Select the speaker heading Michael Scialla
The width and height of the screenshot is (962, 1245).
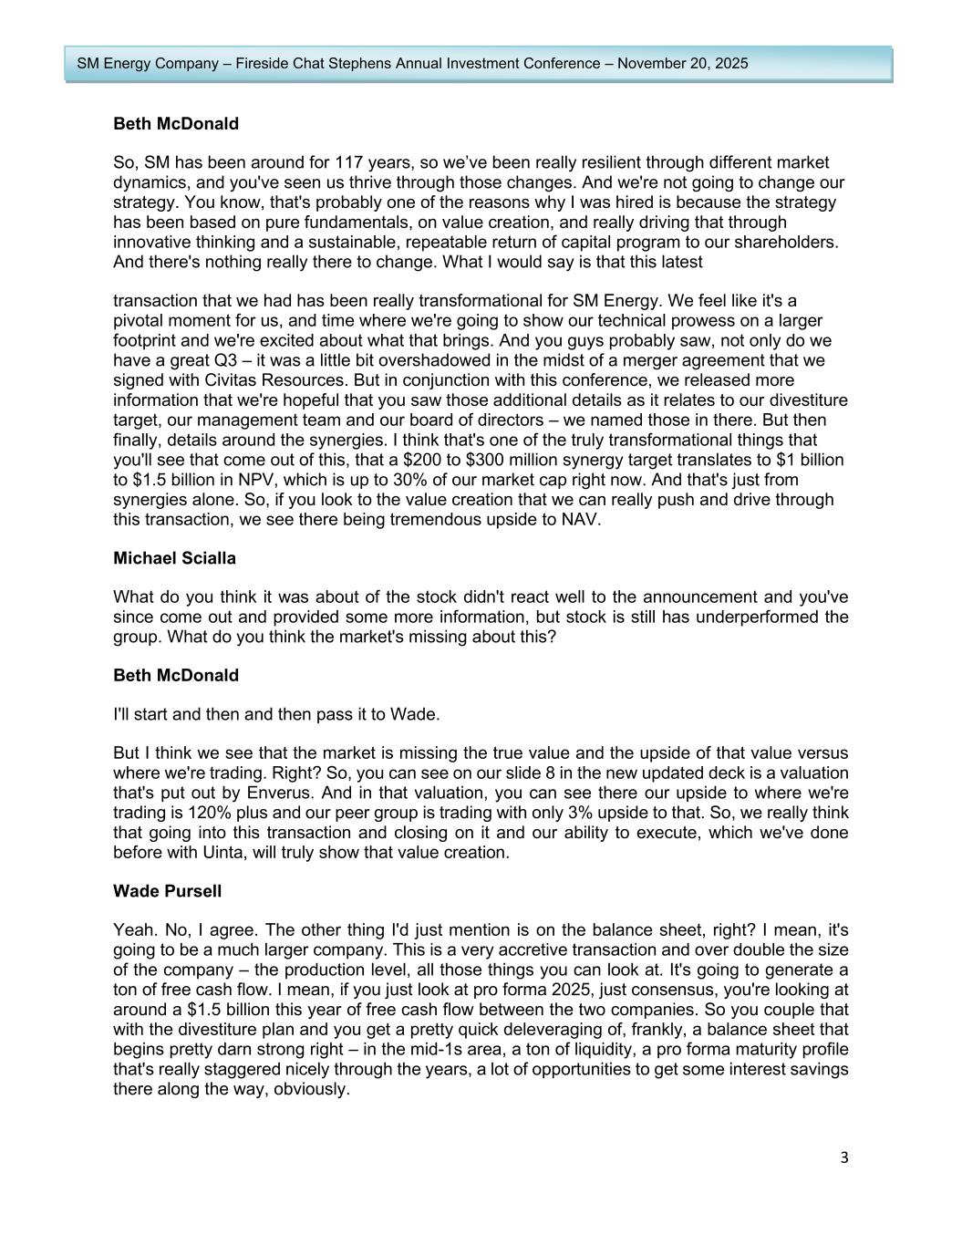click(x=174, y=558)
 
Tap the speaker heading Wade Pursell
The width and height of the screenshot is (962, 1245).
click(x=167, y=890)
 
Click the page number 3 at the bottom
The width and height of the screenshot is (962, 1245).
click(x=843, y=1157)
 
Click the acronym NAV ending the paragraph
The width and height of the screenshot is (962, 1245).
click(x=582, y=520)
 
